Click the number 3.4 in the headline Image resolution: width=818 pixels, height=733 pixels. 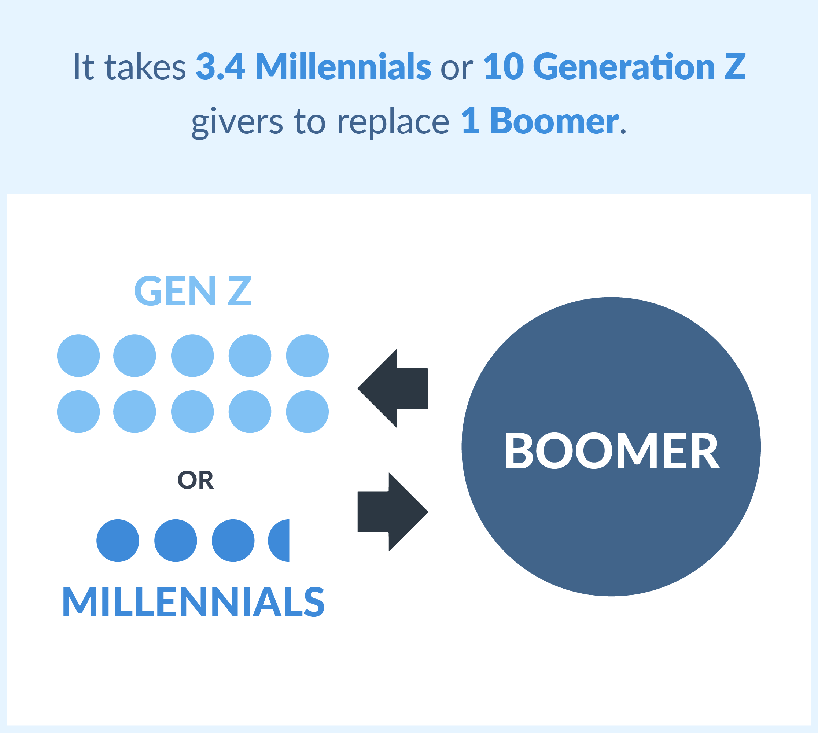tap(220, 66)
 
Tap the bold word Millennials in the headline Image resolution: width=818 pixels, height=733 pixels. tap(343, 66)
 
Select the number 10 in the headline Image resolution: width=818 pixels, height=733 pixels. tap(504, 66)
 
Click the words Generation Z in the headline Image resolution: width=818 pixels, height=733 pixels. tap(639, 66)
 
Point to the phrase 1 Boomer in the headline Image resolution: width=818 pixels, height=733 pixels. tap(540, 121)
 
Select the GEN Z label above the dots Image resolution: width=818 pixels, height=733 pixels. tap(193, 291)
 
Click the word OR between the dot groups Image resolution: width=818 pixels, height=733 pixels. tap(196, 480)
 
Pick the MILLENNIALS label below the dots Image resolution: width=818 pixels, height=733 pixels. tap(194, 602)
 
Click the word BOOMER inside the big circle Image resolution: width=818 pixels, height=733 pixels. tap(612, 451)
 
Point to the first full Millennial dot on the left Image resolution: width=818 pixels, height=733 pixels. tap(118, 541)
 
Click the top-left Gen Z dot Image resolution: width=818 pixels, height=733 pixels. tap(78, 356)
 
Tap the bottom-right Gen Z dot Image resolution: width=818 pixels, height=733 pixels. tap(307, 412)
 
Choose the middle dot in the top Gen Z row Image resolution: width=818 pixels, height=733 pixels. tap(192, 356)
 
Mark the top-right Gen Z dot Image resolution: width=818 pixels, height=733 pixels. tap(307, 356)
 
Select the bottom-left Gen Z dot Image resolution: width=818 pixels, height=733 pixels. tap(78, 412)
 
